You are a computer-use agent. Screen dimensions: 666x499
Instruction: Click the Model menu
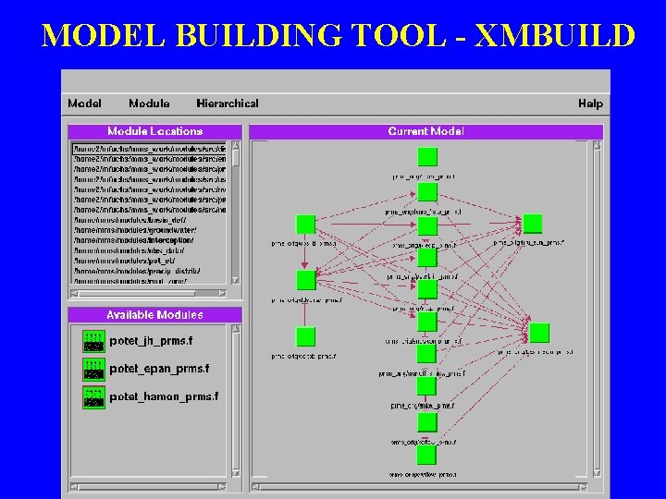coord(84,103)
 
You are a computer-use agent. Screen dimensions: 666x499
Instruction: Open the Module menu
coord(149,103)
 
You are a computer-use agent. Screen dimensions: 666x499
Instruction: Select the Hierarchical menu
coord(228,103)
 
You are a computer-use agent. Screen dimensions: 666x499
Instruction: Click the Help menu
coord(590,103)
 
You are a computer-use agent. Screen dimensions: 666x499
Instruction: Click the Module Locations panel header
coord(154,131)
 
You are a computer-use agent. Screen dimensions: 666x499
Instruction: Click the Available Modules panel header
coord(154,315)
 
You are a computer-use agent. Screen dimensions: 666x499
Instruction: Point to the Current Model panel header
coord(426,131)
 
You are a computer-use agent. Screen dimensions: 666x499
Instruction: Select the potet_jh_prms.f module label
coord(151,341)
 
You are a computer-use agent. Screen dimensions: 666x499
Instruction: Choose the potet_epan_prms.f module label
coord(159,369)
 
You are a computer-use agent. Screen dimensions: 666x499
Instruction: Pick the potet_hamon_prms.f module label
coord(164,396)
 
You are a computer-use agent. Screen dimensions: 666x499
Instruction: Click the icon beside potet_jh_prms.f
coord(93,341)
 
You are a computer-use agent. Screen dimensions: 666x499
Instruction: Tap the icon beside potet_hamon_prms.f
coord(93,396)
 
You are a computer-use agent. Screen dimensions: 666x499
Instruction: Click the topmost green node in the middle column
coord(426,156)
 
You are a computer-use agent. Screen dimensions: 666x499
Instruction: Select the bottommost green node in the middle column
coord(426,456)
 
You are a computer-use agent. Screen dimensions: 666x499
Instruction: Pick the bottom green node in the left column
coord(305,336)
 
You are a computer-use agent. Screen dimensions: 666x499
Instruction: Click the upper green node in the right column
coord(532,224)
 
